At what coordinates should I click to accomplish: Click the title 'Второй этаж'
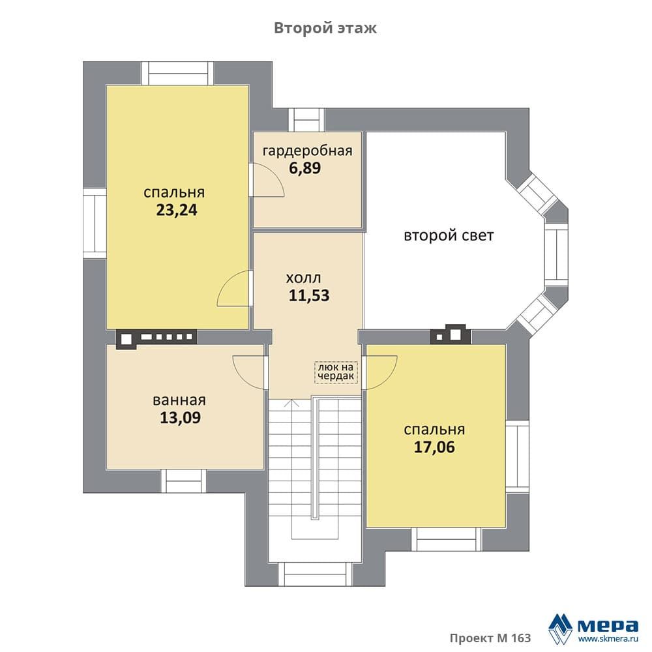click(x=325, y=28)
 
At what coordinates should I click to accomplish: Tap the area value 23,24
click(x=177, y=211)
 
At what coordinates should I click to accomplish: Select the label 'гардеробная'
click(x=307, y=151)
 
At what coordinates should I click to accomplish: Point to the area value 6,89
click(x=304, y=168)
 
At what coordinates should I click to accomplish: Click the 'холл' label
click(x=303, y=278)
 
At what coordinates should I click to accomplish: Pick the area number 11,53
click(x=309, y=295)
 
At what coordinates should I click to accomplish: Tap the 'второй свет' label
click(x=449, y=235)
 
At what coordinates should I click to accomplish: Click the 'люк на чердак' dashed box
click(x=336, y=372)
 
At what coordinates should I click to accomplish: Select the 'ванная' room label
click(x=179, y=400)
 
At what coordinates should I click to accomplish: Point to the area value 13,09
click(x=180, y=417)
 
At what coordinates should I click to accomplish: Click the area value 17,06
click(x=434, y=447)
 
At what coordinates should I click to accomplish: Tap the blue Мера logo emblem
click(x=560, y=629)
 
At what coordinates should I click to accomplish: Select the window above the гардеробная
click(x=306, y=120)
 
